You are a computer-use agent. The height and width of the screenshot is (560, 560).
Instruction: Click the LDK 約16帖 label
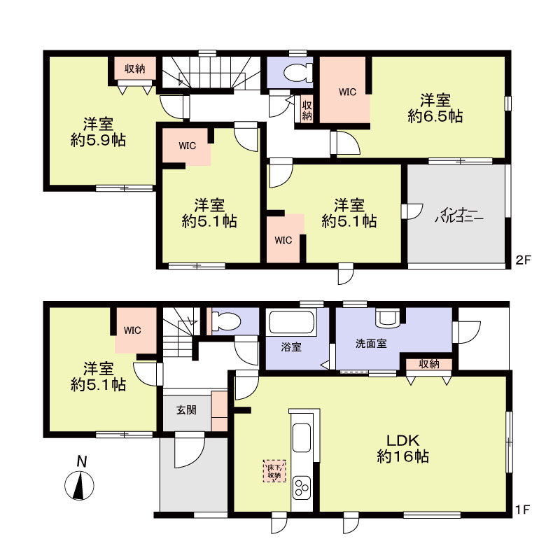[x=403, y=449]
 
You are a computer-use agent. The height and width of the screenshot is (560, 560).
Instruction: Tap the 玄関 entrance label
[x=186, y=410]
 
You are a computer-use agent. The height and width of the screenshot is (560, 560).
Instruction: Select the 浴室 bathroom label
[x=291, y=346]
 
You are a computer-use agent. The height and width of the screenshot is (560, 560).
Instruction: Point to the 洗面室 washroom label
[x=371, y=344]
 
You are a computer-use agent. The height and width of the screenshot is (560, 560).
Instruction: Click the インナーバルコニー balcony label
[x=459, y=215]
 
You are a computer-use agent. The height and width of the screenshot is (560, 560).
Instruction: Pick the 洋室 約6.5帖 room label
[x=435, y=108]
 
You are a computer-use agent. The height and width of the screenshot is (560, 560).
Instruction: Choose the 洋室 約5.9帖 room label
[x=98, y=132]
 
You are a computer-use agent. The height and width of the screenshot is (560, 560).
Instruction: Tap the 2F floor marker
[x=523, y=260]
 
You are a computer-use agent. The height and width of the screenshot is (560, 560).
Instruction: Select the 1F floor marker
[x=523, y=510]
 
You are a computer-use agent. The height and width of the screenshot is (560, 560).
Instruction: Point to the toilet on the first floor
[x=225, y=321]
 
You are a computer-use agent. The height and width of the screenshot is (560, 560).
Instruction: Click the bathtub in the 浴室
[x=293, y=323]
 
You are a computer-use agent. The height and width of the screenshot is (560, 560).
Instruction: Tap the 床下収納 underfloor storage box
[x=274, y=471]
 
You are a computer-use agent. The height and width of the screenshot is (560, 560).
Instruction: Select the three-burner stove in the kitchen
[x=302, y=487]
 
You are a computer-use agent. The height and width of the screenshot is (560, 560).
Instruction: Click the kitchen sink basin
[x=302, y=438]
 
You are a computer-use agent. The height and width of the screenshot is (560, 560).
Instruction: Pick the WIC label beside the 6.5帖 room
[x=347, y=92]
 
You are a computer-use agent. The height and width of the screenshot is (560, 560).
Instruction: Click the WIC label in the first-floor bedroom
[x=132, y=330]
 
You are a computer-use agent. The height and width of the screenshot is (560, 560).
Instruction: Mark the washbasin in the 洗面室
[x=388, y=318]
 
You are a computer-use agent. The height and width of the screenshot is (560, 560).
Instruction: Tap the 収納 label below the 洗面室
[x=429, y=364]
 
